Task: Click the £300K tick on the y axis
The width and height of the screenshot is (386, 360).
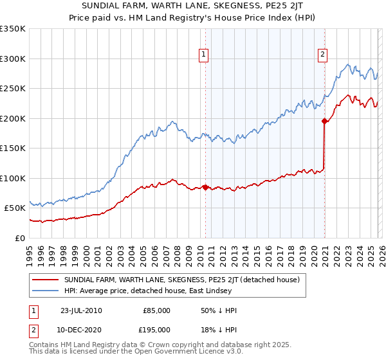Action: coord(13,59)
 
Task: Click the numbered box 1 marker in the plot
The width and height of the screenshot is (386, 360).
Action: coord(203,55)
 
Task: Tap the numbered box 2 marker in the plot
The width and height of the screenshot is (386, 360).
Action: coord(322,55)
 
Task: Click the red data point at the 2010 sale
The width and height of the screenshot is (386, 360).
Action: coord(205,187)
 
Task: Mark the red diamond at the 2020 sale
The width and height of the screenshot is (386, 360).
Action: coord(324,121)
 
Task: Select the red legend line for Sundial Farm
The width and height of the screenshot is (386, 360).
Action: coord(45,280)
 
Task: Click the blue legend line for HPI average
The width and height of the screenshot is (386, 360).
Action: coord(45,291)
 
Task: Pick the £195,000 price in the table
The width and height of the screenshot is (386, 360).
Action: coord(155,329)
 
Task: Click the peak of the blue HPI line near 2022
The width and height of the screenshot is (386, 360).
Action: coord(348,64)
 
